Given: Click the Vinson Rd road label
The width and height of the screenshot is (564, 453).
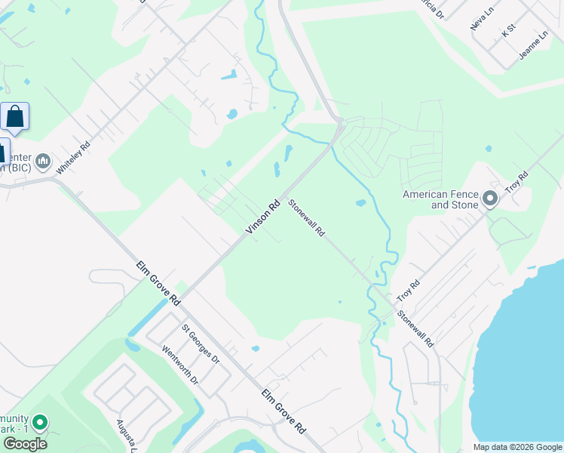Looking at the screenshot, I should pyautogui.click(x=263, y=216).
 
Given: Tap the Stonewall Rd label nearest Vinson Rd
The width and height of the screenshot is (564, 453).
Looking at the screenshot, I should pyautogui.click(x=306, y=218).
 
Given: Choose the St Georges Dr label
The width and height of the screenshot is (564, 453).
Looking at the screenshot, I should pyautogui.click(x=201, y=344).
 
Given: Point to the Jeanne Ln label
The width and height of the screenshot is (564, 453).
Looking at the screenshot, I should pyautogui.click(x=533, y=47).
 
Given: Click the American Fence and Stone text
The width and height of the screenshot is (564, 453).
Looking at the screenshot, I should pyautogui.click(x=440, y=199).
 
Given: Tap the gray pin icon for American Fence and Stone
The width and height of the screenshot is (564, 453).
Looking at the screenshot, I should pyautogui.click(x=490, y=199).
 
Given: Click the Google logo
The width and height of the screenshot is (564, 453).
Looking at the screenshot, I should pyautogui.click(x=25, y=444).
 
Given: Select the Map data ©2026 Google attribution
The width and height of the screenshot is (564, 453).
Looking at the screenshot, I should pyautogui.click(x=517, y=447).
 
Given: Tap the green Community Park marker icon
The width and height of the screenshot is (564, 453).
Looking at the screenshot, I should pyautogui.click(x=41, y=423).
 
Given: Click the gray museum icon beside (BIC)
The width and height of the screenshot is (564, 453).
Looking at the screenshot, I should pyautogui.click(x=42, y=161).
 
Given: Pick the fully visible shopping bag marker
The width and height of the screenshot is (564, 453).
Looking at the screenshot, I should pyautogui.click(x=14, y=118).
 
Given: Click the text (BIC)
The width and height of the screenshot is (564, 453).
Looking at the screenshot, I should pyautogui.click(x=15, y=168).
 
